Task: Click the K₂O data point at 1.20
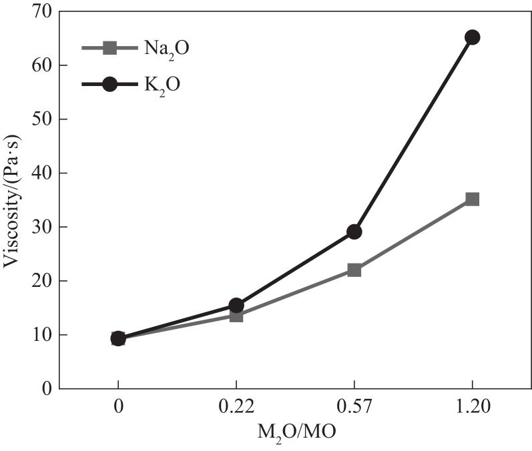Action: pyautogui.click(x=472, y=37)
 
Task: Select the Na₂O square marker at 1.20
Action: pyautogui.click(x=472, y=199)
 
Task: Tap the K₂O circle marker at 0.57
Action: pyautogui.click(x=354, y=232)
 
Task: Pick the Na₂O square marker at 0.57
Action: pyautogui.click(x=354, y=270)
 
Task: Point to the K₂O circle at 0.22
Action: pyautogui.click(x=236, y=305)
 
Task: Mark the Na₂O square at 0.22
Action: pyautogui.click(x=236, y=315)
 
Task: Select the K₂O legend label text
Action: pyautogui.click(x=158, y=84)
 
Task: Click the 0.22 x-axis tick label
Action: pyautogui.click(x=236, y=405)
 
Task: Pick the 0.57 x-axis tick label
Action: pyautogui.click(x=354, y=405)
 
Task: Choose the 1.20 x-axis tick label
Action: pyautogui.click(x=472, y=405)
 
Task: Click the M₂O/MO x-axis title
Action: pyautogui.click(x=296, y=432)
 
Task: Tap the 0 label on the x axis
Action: pyautogui.click(x=118, y=405)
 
